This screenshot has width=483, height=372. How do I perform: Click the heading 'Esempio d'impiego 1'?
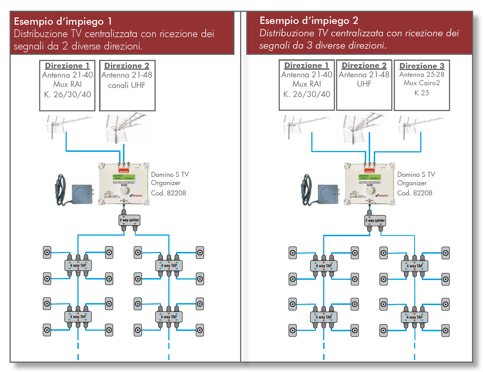point(63,21)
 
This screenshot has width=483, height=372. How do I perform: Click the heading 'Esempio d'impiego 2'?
point(308,21)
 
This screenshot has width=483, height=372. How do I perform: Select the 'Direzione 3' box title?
point(422,66)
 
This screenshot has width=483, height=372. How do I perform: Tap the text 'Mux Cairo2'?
point(422,83)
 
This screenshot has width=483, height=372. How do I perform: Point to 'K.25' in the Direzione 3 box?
point(422,93)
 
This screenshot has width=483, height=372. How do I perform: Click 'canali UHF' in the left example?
point(127,85)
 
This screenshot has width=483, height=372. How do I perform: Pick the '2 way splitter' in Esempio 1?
point(129,220)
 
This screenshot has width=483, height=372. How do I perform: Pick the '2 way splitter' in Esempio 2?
point(375,220)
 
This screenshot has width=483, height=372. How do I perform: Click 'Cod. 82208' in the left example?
point(168,193)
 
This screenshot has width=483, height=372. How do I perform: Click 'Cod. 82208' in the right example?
point(415,193)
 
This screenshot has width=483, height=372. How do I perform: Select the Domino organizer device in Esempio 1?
point(124,184)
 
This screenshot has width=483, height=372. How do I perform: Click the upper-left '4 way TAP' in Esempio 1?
point(78,265)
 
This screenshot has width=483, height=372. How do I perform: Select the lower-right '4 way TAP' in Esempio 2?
point(414,317)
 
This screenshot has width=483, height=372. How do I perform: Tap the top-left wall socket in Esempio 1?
point(47,252)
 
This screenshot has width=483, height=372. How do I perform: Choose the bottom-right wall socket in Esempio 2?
point(446,331)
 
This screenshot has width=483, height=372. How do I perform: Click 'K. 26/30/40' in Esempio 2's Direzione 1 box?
point(307,94)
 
